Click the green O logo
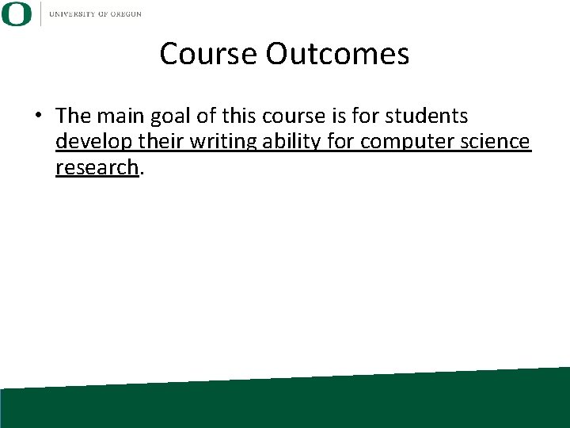click(17, 13)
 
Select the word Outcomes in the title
click(338, 54)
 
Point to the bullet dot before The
click(38, 117)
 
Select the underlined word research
click(97, 167)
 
